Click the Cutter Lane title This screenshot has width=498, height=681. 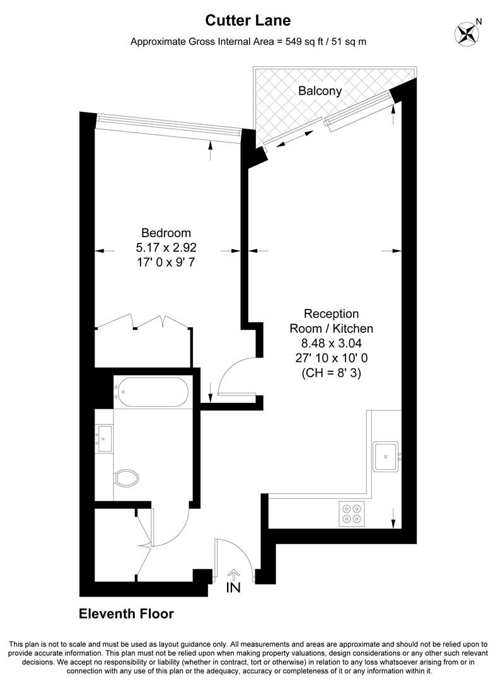pos(248,20)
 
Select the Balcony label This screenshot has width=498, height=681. pos(320,91)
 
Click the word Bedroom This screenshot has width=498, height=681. pos(166,233)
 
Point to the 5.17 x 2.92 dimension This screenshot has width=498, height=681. pos(166,248)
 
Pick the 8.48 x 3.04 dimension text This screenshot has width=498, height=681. pos(332,343)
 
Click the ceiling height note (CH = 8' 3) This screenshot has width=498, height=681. pos(332,373)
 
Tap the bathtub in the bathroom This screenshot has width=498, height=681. pos(151,392)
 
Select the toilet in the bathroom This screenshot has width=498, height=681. pos(126,479)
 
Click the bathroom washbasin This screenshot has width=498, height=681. pos(104,439)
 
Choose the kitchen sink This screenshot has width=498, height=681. pos(386,457)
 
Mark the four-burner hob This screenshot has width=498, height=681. pos(351,514)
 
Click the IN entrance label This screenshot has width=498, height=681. pos(233,588)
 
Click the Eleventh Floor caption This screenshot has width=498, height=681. pos(126,614)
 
